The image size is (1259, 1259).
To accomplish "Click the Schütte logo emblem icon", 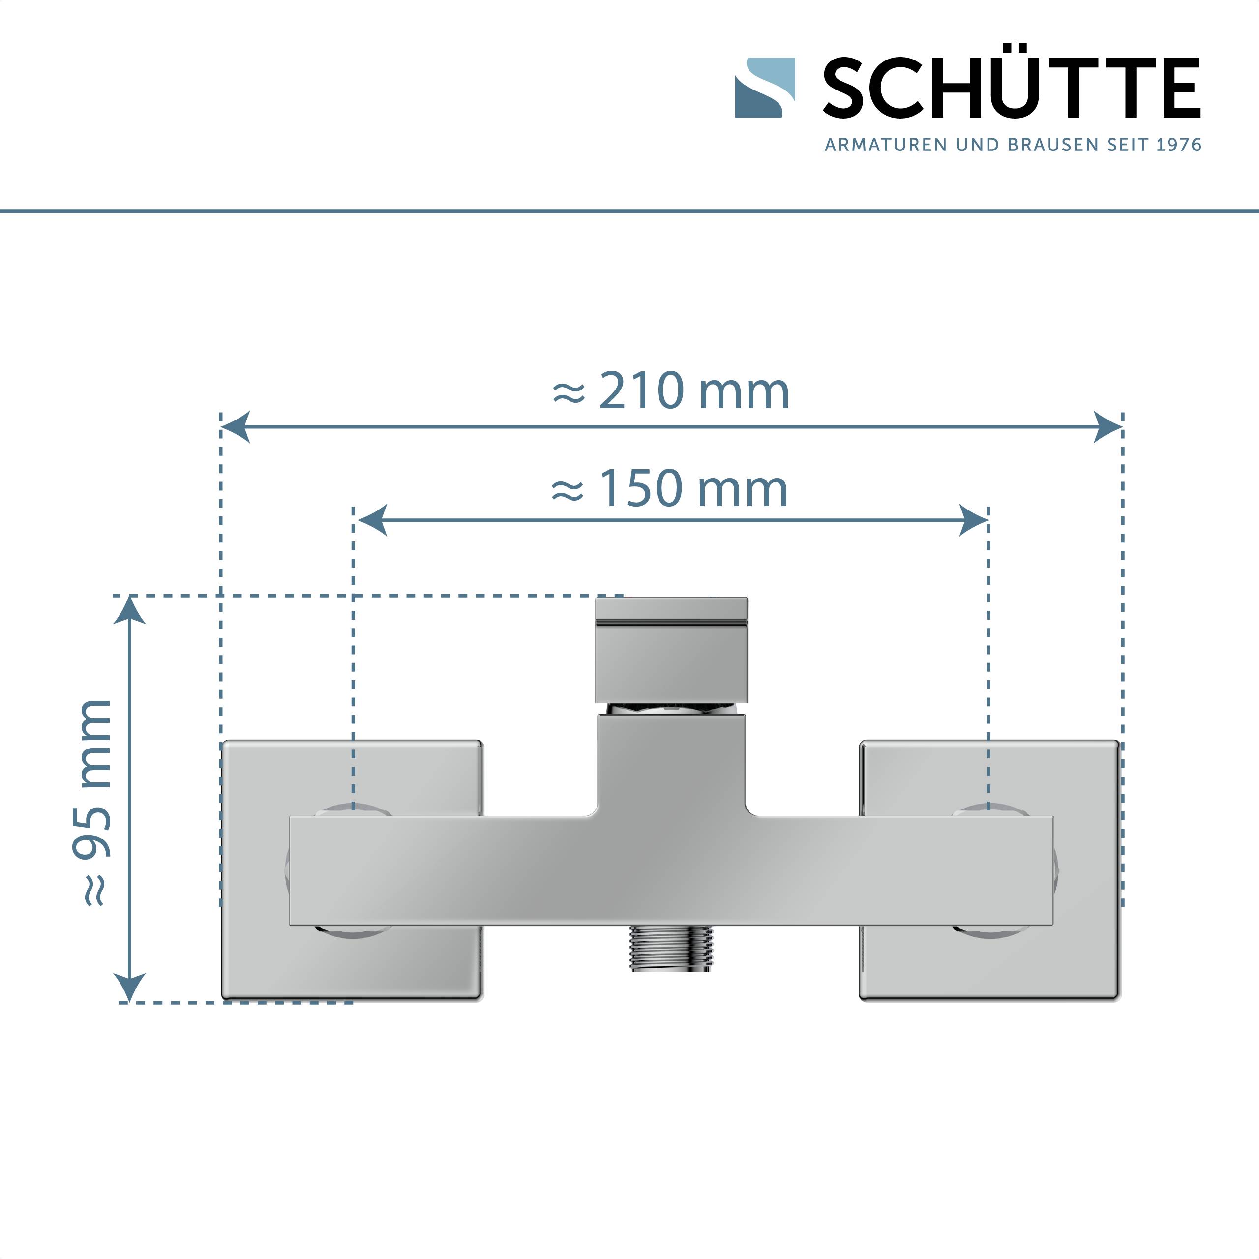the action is click(765, 88).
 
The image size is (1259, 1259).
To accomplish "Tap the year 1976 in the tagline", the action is click(1179, 145).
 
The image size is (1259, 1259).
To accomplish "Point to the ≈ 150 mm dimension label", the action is click(670, 488).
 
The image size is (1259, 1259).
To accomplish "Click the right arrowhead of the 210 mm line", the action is click(1108, 427).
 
